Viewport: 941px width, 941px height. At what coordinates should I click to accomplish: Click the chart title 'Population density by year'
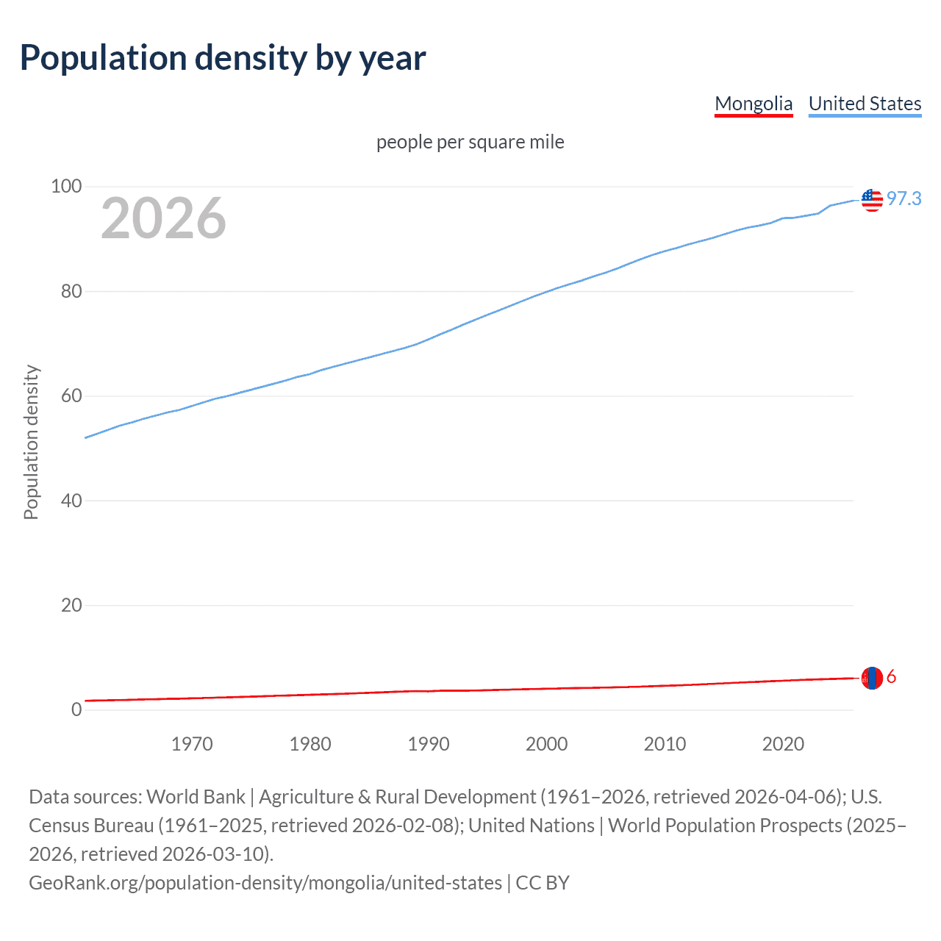pos(223,58)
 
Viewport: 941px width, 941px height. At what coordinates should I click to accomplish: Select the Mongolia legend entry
pos(754,104)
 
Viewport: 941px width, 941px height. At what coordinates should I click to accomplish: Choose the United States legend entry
pos(865,104)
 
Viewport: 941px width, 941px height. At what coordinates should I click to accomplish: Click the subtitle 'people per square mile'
pos(470,142)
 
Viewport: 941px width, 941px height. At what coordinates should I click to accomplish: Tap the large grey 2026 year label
pos(163,218)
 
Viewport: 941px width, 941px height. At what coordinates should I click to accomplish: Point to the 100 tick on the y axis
pos(66,187)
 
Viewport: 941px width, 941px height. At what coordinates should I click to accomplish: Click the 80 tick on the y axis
pos(71,291)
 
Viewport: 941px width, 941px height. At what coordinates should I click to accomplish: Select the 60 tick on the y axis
pos(71,396)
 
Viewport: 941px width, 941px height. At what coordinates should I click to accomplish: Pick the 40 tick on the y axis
pos(71,501)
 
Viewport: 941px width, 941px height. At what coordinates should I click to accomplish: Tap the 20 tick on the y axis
pos(71,606)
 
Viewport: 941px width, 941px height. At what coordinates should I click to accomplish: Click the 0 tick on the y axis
pos(76,710)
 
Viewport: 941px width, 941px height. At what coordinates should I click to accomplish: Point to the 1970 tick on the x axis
pos(192,744)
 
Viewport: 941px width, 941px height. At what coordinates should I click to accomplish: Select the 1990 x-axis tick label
pos(429,744)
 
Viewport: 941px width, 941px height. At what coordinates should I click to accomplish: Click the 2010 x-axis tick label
pos(665,744)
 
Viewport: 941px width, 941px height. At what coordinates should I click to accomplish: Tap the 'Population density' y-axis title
pos(31,443)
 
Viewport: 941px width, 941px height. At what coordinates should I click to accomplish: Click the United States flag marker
pos(872,199)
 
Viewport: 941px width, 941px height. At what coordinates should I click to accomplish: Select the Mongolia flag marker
pos(872,678)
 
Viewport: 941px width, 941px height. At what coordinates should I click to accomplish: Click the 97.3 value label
pos(904,199)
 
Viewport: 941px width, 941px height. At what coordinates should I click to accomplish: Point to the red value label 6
pos(891,677)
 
